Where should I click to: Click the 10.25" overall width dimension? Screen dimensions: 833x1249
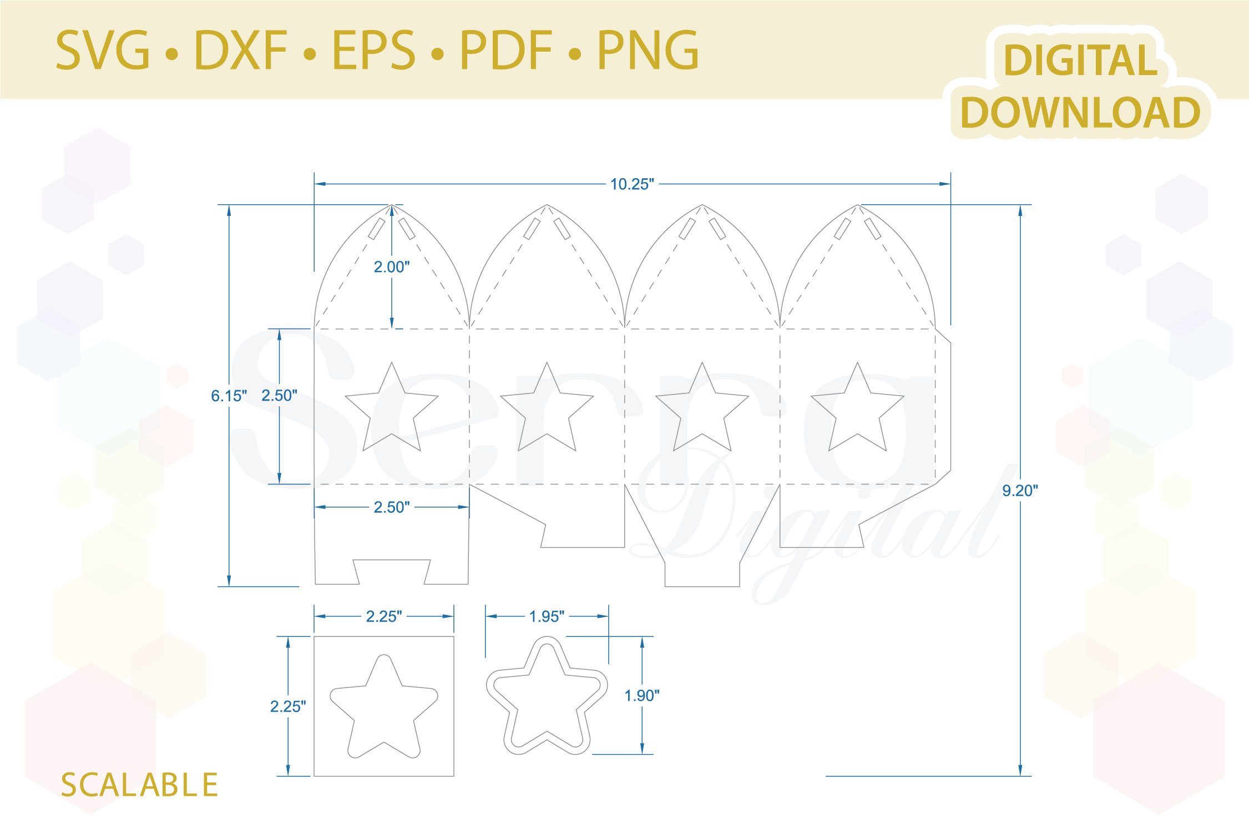tap(632, 184)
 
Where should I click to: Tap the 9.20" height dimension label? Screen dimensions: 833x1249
tap(1020, 491)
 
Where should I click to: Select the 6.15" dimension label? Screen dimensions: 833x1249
tap(229, 396)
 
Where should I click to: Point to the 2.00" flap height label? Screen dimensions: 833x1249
tap(392, 267)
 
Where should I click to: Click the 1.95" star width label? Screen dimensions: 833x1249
tap(547, 617)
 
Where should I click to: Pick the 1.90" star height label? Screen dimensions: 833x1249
tap(642, 695)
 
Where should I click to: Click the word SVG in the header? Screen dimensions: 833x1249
tap(103, 51)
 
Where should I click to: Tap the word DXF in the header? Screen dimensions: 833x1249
tap(241, 51)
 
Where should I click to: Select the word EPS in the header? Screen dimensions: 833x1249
tap(373, 51)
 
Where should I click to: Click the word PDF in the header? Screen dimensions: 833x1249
tap(506, 51)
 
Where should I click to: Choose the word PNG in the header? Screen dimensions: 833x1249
tap(648, 51)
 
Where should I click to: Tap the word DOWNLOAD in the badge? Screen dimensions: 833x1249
tap(1080, 113)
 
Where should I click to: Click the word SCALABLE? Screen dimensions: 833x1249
tap(139, 785)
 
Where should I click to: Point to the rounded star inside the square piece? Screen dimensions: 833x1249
tap(384, 708)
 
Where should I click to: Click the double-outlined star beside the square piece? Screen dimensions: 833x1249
tap(547, 698)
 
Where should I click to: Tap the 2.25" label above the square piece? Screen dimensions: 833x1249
tap(384, 617)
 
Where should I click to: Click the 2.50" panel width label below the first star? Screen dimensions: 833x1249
tap(392, 507)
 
